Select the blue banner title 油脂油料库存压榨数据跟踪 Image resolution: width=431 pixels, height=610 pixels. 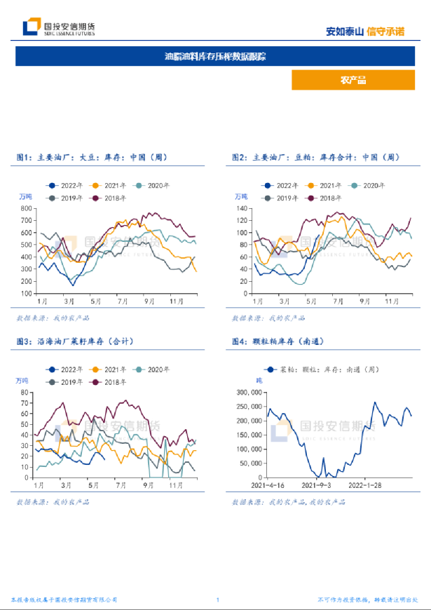pos(215,56)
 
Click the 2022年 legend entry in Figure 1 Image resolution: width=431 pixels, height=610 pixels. pos(67,185)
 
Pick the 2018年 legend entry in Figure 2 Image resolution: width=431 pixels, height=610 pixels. pos(323,198)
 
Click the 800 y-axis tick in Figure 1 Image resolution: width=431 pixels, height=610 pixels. pos(27,209)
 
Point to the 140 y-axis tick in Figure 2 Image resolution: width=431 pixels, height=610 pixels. pos(243,209)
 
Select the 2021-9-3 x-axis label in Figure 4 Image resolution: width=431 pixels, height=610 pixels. pos(316,484)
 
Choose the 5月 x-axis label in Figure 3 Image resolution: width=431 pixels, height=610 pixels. pos(95,484)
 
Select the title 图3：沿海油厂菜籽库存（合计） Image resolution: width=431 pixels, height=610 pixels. pos(75,341)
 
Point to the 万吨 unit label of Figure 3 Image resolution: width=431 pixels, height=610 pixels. pos(23,381)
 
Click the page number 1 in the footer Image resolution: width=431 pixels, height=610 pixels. pos(218,600)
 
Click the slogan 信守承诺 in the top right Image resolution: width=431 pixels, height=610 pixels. pos(385,31)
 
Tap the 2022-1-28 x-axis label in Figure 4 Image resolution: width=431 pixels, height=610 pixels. pos(365,484)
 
